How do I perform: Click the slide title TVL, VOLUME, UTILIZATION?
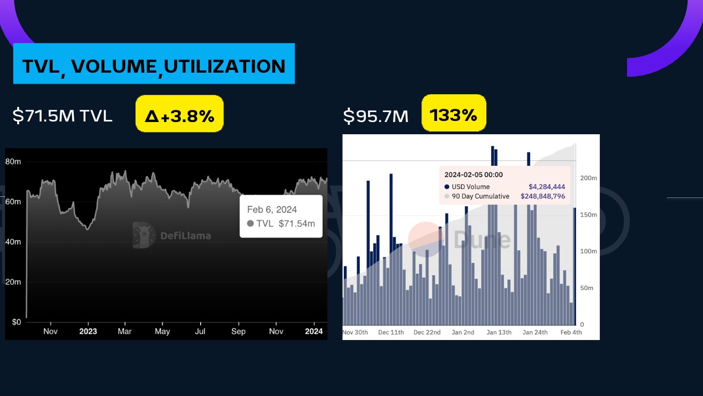point(154,66)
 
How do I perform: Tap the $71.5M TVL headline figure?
point(63,115)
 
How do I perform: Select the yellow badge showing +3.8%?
point(179,115)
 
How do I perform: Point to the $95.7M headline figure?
point(376,116)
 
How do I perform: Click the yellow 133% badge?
point(454,115)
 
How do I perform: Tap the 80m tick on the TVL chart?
point(13,161)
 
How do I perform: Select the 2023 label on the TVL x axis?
point(88,332)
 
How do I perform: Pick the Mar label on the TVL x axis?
point(125,332)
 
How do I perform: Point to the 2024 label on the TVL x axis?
point(314,332)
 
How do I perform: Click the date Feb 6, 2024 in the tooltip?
point(272,210)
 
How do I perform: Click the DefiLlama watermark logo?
point(172,235)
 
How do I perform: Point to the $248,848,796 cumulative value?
point(543,196)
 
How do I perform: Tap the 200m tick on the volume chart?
point(588,178)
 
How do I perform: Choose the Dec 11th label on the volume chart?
point(391,332)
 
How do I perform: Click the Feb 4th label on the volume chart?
point(570,332)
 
